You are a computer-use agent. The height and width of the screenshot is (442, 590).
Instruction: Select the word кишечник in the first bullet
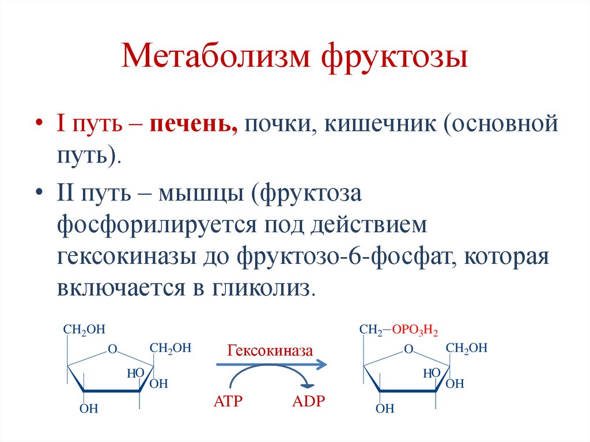(380, 124)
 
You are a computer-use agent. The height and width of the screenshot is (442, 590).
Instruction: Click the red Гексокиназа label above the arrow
(270, 350)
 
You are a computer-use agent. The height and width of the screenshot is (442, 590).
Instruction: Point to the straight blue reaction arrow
(271, 364)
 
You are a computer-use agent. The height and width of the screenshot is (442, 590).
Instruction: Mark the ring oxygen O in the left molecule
(112, 349)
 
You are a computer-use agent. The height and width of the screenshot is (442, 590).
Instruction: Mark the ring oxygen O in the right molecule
(409, 349)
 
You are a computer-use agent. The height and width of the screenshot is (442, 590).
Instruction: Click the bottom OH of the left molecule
(89, 409)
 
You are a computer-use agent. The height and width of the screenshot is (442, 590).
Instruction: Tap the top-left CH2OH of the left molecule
(84, 330)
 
